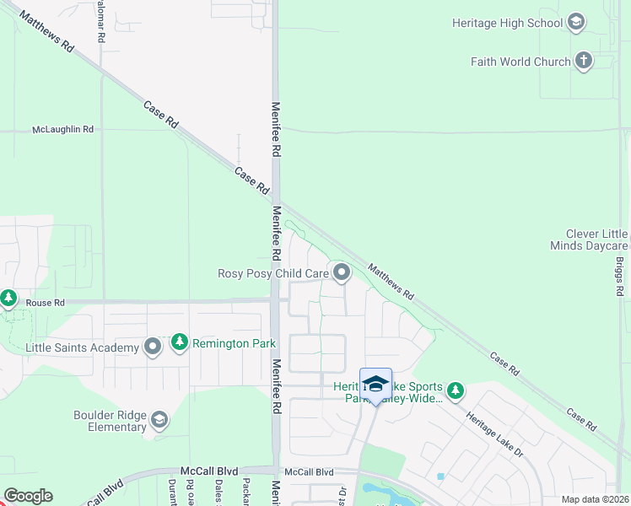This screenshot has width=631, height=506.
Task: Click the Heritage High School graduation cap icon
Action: (x=576, y=23)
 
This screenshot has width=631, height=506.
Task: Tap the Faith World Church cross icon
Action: (x=583, y=61)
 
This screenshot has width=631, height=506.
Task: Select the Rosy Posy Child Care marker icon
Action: (x=342, y=272)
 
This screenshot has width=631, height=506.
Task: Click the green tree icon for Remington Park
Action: (x=179, y=342)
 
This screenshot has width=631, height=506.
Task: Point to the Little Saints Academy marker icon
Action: (x=153, y=347)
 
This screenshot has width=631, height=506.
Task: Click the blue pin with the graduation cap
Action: (x=375, y=384)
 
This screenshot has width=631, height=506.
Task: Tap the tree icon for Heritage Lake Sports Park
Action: (x=456, y=390)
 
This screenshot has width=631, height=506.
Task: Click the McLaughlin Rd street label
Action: (x=62, y=130)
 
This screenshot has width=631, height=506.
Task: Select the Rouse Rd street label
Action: (x=45, y=303)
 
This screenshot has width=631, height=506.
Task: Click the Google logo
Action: (x=28, y=495)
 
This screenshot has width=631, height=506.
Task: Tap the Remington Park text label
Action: (x=222, y=343)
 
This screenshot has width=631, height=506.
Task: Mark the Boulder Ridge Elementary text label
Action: (x=110, y=421)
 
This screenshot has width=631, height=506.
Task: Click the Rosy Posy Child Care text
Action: (x=272, y=273)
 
